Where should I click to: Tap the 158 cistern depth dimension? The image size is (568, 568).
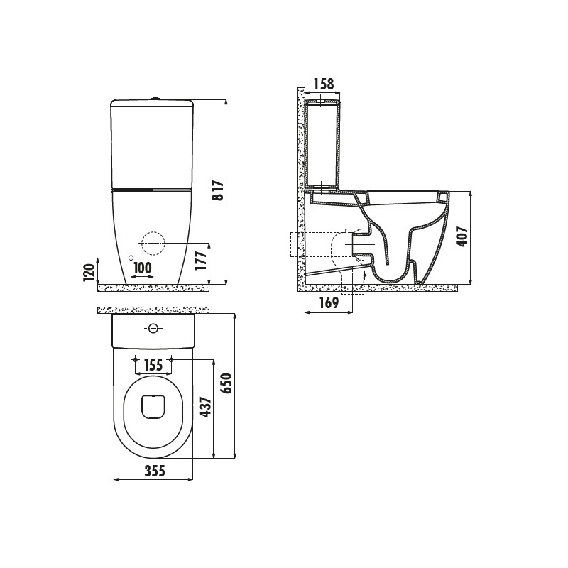324,84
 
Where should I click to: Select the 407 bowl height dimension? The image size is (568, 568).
463,237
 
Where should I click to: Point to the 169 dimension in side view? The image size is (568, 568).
329,302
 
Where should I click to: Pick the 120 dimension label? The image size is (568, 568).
89,272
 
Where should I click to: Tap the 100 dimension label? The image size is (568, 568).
143,268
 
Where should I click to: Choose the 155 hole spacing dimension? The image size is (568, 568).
153,365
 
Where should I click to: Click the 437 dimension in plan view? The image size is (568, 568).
206,407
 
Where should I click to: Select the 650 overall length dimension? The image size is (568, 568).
226,383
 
